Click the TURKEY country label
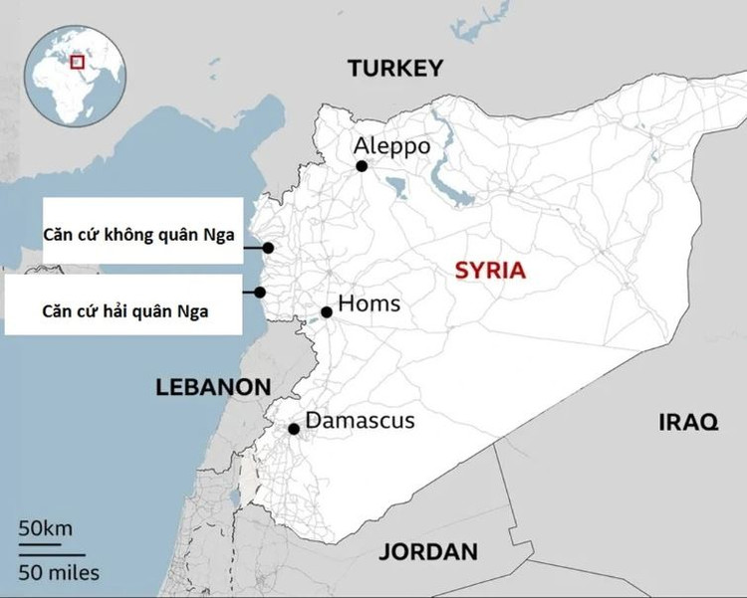[x=394, y=68]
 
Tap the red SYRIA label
[x=489, y=271]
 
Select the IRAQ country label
[x=687, y=422]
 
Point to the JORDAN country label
[x=428, y=551]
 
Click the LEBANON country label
[x=213, y=388]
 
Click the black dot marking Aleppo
[x=362, y=166]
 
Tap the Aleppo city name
[x=392, y=146]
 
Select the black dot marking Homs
[x=327, y=312]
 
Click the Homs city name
[x=370, y=303]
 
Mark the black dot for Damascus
[x=294, y=429]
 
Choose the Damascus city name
[x=360, y=421]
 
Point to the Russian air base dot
[x=268, y=248]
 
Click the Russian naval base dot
[x=259, y=293]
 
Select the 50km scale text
[x=45, y=527]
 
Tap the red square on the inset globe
[x=77, y=61]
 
